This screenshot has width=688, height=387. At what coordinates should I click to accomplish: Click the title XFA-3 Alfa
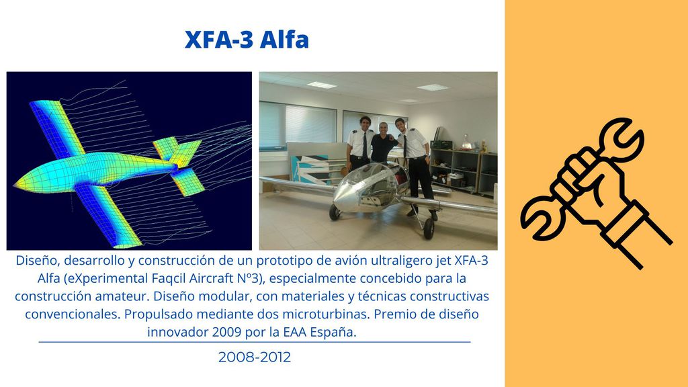click(247, 40)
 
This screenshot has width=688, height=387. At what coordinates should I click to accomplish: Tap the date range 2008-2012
click(255, 357)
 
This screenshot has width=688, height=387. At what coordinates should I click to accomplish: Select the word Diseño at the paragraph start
click(38, 261)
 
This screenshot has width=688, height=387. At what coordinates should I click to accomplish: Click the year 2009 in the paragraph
click(226, 332)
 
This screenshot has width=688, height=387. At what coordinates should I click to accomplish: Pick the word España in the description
click(333, 333)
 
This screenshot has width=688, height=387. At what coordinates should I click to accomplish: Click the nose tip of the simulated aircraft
click(17, 185)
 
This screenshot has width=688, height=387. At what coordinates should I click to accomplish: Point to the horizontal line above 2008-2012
click(255, 342)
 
